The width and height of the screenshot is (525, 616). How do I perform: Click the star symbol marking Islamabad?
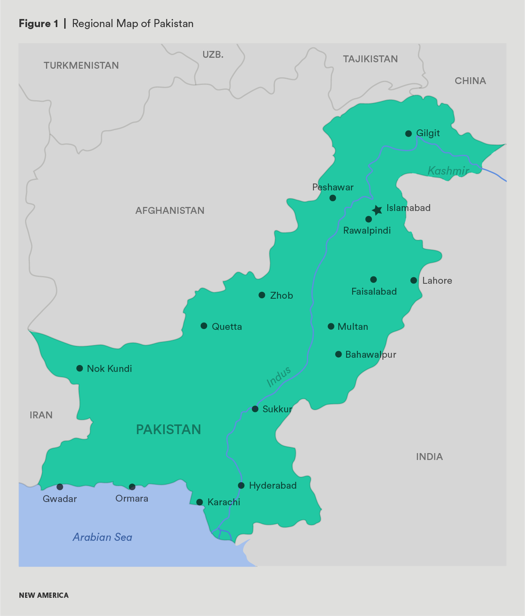pyautogui.click(x=377, y=210)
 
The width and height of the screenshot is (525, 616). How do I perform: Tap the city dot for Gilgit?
pyautogui.click(x=408, y=133)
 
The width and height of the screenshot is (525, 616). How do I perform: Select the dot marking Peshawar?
pyautogui.click(x=332, y=198)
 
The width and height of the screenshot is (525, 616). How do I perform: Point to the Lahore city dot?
pyautogui.click(x=414, y=280)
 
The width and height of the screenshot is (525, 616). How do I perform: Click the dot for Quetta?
pyautogui.click(x=204, y=326)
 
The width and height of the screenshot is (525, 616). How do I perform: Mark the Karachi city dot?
pyautogui.click(x=199, y=502)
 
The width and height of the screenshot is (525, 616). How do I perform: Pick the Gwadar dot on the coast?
pyautogui.click(x=60, y=487)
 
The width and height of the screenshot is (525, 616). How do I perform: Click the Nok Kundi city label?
pyautogui.click(x=109, y=369)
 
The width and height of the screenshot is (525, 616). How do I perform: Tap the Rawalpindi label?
pyautogui.click(x=367, y=230)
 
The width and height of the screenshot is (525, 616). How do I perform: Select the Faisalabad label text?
pyautogui.click(x=374, y=291)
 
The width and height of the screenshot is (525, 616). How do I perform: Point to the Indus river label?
pyautogui.click(x=279, y=377)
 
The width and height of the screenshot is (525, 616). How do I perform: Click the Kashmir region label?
pyautogui.click(x=448, y=171)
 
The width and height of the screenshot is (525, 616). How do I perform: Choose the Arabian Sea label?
pyautogui.click(x=103, y=537)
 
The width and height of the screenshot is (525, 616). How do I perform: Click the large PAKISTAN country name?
pyautogui.click(x=168, y=429)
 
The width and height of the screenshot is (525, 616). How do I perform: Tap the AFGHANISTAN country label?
pyautogui.click(x=170, y=211)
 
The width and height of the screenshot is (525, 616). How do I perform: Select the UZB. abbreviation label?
pyautogui.click(x=213, y=55)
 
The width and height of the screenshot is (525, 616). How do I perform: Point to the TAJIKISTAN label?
pyautogui.click(x=370, y=59)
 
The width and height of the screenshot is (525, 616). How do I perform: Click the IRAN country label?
pyautogui.click(x=41, y=415)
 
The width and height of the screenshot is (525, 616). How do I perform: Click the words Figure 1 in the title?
pyautogui.click(x=38, y=24)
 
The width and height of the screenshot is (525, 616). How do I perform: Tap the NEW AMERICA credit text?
pyautogui.click(x=44, y=595)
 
